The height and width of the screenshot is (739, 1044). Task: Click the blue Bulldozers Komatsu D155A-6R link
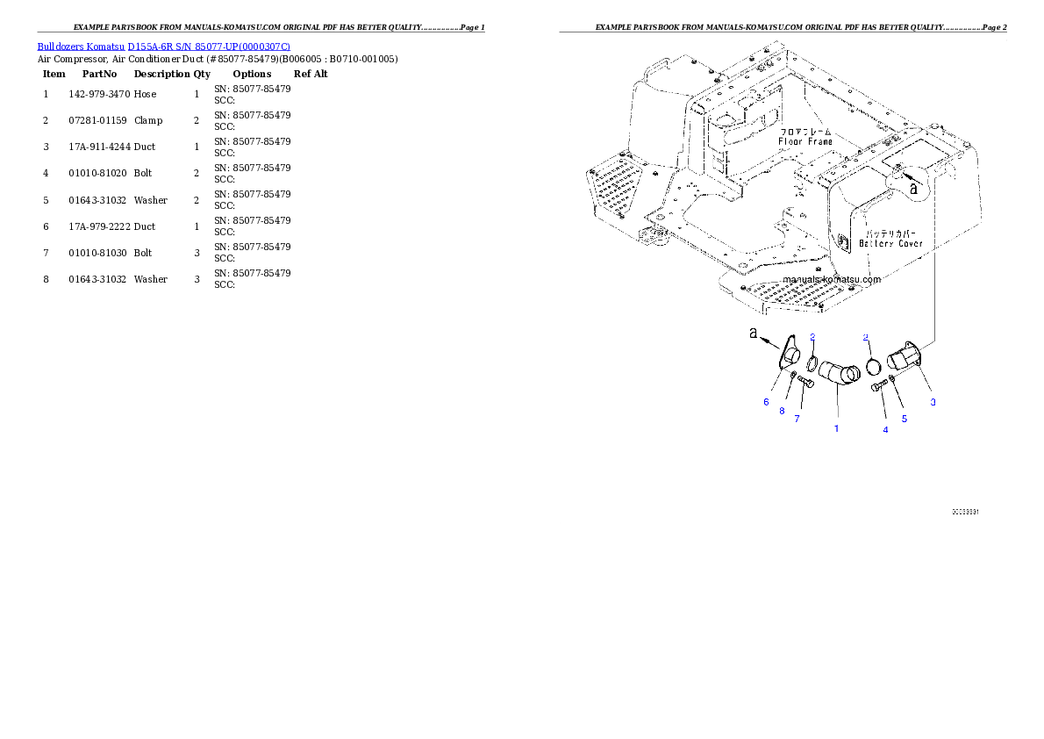click(163, 46)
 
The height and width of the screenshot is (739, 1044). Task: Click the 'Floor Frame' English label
click(804, 141)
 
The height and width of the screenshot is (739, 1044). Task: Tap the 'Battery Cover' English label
click(890, 243)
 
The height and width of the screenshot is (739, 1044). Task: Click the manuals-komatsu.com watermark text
click(831, 279)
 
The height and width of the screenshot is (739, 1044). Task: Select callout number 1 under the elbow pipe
click(836, 429)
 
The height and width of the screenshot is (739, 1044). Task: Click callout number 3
click(933, 402)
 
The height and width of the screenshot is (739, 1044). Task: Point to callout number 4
click(885, 429)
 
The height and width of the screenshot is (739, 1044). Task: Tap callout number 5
click(905, 419)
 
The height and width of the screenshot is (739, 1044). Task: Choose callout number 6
click(766, 402)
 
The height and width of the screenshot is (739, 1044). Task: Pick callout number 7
click(797, 419)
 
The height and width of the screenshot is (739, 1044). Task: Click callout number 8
click(782, 411)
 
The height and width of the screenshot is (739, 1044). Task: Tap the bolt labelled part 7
click(806, 382)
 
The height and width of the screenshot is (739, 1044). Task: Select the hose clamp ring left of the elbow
click(812, 365)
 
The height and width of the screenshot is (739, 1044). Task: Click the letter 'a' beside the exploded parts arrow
click(753, 334)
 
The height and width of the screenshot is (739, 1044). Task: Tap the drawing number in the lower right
click(966, 511)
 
